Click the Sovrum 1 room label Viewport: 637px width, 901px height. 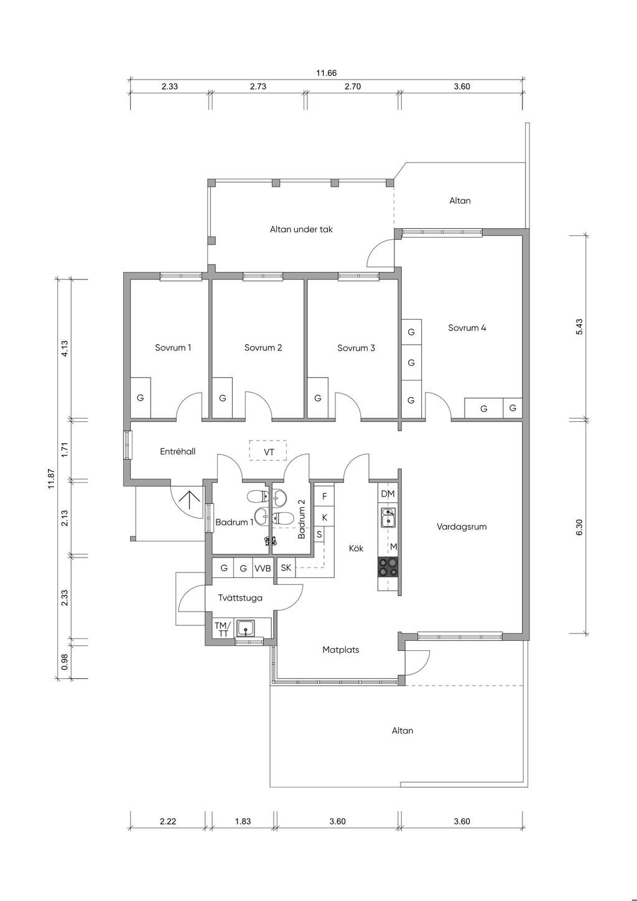click(x=173, y=348)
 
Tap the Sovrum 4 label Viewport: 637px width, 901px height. click(x=467, y=328)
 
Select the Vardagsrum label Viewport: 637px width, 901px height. click(x=462, y=526)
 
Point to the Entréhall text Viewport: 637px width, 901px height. click(x=178, y=451)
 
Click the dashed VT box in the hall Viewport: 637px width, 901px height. click(x=268, y=450)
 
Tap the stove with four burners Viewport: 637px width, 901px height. click(x=388, y=567)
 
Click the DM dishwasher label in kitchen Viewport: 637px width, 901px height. click(x=388, y=494)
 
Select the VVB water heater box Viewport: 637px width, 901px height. click(x=263, y=568)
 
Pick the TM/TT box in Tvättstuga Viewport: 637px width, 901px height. click(x=223, y=628)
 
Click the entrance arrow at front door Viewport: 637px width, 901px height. click(x=189, y=501)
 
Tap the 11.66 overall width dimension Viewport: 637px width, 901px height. click(x=326, y=73)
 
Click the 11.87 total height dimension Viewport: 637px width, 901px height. click(x=51, y=479)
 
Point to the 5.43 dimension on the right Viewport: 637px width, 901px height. click(x=579, y=327)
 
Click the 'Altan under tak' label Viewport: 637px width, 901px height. click(x=301, y=230)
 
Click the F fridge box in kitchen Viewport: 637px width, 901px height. click(x=325, y=496)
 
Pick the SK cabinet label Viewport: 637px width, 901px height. click(x=286, y=568)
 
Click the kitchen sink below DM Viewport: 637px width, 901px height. click(x=388, y=517)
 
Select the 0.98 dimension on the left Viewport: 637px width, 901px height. click(x=65, y=661)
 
